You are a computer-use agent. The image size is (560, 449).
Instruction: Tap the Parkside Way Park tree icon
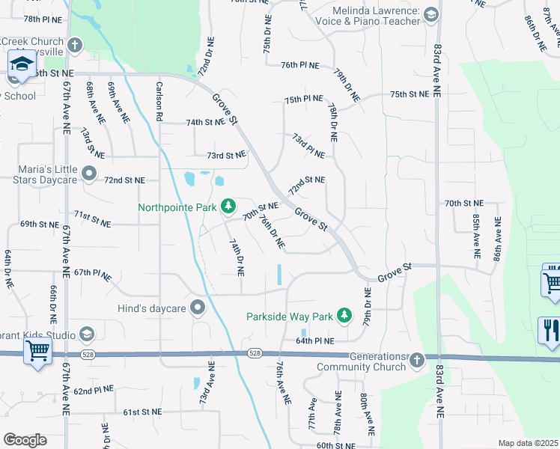[344, 316]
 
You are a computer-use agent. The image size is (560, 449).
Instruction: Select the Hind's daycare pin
[198, 308]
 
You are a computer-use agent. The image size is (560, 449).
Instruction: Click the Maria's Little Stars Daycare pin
[89, 174]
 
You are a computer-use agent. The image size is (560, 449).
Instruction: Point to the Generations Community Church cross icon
[417, 361]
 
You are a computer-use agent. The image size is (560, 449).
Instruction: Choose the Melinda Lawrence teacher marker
[430, 14]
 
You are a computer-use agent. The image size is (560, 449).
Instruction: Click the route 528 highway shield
[255, 352]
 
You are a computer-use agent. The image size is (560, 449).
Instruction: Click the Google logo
[25, 440]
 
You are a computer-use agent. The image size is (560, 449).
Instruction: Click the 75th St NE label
[410, 94]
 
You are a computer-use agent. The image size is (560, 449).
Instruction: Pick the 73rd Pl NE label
[308, 145]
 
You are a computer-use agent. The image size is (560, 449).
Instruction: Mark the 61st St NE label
[142, 412]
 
